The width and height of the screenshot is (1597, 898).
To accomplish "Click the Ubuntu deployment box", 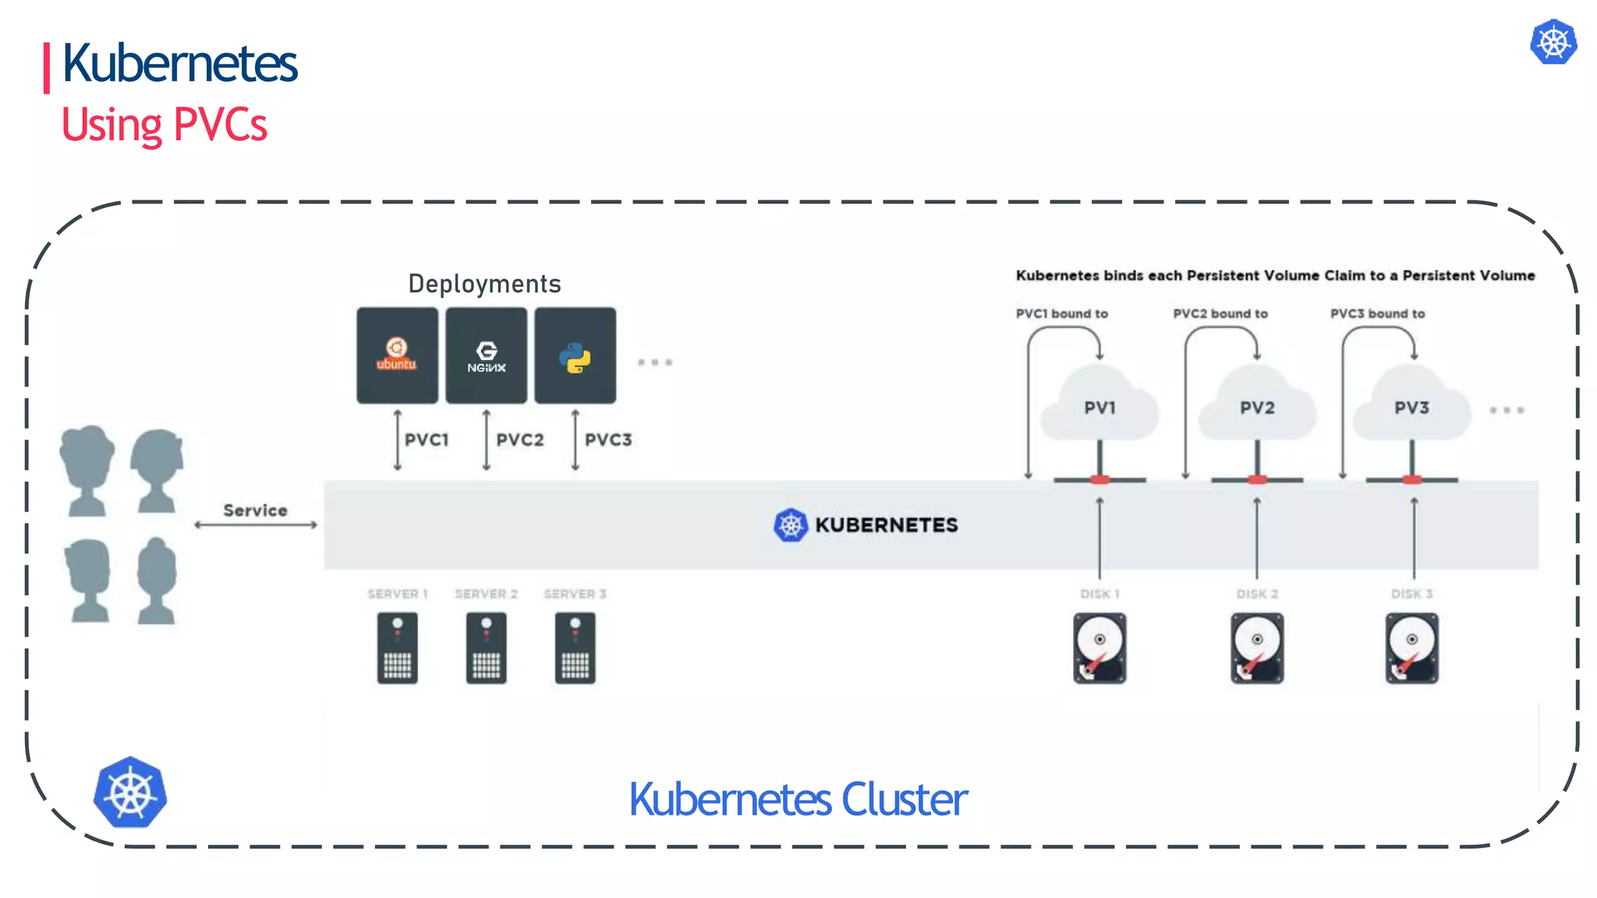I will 397,355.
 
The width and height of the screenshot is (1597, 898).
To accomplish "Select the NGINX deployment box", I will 486,355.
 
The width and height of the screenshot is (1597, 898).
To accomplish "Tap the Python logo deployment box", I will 575,355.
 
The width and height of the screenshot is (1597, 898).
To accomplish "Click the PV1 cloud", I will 1099,406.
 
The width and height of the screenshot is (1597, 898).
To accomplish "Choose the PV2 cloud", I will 1257,406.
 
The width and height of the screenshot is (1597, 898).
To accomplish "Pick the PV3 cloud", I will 1411,406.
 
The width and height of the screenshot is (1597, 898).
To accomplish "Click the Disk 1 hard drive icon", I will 1099,649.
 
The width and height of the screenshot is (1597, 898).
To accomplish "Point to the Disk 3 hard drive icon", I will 1411,649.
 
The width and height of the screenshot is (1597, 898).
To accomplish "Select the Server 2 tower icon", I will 486,649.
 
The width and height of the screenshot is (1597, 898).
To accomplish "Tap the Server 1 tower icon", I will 397,649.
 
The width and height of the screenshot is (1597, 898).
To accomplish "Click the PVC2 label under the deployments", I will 520,440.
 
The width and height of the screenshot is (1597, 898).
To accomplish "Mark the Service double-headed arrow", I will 256,525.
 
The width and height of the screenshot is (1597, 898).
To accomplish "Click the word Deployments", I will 484,284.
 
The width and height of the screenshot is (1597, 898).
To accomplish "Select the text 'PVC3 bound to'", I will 1377,313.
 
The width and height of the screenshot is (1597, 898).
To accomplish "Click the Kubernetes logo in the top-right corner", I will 1553,42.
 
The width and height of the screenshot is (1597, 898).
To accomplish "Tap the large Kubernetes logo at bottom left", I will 130,792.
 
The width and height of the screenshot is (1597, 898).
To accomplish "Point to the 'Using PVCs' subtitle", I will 165,125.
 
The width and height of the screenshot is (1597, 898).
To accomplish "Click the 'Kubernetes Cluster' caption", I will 798,800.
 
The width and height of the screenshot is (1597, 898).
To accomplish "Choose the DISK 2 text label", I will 1257,594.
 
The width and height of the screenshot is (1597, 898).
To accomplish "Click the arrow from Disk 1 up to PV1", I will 1099,538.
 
